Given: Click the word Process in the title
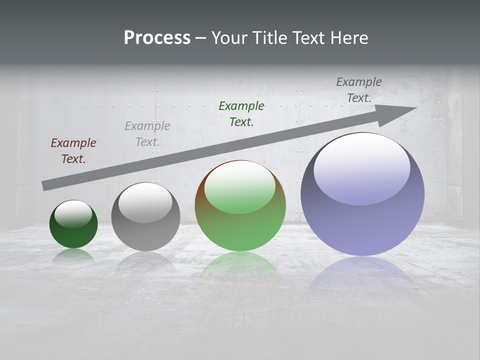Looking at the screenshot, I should click(x=157, y=37).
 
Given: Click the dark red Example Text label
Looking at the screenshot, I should click(x=73, y=150).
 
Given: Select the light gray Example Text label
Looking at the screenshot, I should click(x=147, y=133).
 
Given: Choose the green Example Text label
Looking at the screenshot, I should click(x=241, y=113).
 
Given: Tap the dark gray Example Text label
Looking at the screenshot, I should click(x=359, y=90).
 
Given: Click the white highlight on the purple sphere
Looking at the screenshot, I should click(x=361, y=167).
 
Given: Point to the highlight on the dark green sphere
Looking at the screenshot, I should click(x=73, y=213).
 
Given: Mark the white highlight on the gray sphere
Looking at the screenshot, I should click(x=145, y=201).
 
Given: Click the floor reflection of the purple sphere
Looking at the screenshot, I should click(x=362, y=275).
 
